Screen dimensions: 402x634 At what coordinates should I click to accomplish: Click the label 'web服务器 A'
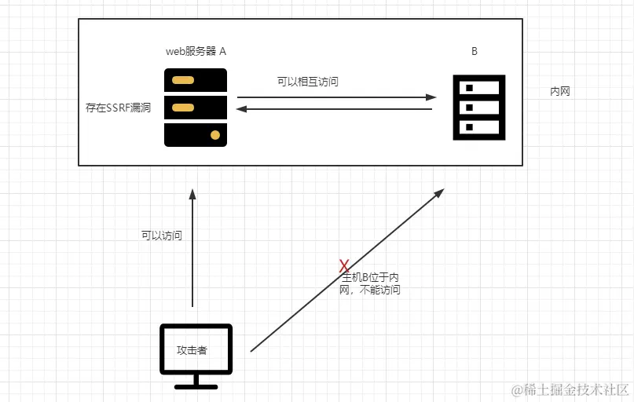pos(196,51)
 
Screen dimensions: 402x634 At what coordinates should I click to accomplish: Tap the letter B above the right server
pos(474,51)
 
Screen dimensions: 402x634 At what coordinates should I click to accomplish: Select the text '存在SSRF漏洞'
pos(118,108)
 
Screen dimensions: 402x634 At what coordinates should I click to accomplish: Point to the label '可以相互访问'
pos(308,81)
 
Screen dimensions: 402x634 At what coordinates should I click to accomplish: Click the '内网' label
pos(559,92)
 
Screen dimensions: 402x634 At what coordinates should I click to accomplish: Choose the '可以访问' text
pos(162,235)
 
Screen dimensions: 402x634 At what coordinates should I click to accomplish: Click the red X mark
pos(343,265)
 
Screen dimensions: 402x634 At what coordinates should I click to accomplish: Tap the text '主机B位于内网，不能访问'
pos(371,283)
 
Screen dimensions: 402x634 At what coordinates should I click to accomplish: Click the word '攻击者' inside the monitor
pos(192,350)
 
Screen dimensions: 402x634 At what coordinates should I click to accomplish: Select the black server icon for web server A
pos(196,108)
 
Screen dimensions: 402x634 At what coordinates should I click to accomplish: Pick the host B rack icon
pos(479,108)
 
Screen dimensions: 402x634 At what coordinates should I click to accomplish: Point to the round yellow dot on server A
pos(214,135)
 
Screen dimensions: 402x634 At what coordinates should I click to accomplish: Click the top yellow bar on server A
pos(183,80)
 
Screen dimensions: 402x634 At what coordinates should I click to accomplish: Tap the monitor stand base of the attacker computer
pos(196,386)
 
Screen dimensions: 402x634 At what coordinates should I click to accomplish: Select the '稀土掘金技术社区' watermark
pos(571,389)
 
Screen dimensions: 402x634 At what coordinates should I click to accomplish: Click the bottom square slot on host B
pos(469,127)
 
